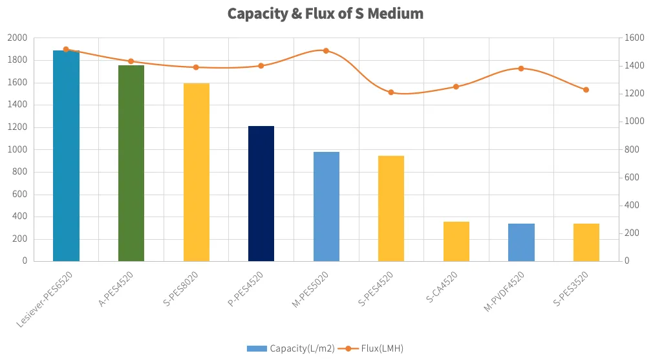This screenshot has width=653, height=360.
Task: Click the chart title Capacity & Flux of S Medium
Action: pos(326,14)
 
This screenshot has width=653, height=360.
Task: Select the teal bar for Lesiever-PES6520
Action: pos(66,156)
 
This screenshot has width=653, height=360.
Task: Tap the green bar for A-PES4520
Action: pos(131,163)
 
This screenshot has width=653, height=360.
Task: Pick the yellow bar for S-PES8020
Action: pos(197,172)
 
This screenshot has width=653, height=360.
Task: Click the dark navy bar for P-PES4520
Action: pos(261,193)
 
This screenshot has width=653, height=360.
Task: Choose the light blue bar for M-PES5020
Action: pos(326,206)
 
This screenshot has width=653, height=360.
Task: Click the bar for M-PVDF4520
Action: pos(521,242)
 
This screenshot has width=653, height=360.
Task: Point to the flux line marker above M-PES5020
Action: pos(326,50)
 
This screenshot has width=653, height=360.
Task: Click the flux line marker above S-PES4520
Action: pos(391,92)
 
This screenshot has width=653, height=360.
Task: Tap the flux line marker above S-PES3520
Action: pos(586,90)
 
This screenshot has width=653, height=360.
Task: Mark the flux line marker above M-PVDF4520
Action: pos(521,69)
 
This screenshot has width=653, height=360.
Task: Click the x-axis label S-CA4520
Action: pos(442,288)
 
